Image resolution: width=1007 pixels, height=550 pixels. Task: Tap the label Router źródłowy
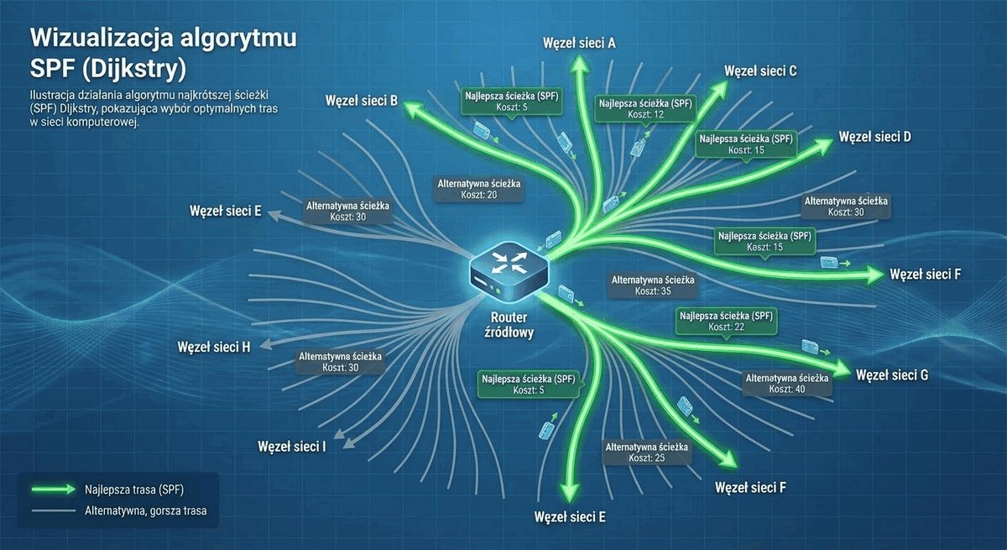tap(509, 325)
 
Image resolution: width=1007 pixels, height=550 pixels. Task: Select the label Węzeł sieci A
tap(579, 43)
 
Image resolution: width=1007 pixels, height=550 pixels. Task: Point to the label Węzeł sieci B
tap(362, 101)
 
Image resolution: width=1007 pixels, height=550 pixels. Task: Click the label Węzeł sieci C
tap(760, 71)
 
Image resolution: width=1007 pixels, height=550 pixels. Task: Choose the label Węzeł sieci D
tap(874, 137)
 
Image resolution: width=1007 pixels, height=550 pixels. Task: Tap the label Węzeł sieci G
tap(892, 375)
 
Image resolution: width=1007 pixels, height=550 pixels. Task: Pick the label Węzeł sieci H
tap(214, 347)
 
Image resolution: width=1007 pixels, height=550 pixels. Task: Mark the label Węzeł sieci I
tap(292, 447)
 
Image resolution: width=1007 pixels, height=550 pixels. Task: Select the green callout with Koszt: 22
tap(726, 322)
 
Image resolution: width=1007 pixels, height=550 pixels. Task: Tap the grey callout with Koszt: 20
tap(479, 189)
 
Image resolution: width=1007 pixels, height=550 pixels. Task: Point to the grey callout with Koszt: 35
tap(653, 285)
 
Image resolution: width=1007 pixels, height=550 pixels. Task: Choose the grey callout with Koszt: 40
tap(787, 384)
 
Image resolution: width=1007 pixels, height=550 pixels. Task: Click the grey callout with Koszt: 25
tap(646, 453)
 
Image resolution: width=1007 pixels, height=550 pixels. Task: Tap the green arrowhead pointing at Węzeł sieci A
tap(580, 65)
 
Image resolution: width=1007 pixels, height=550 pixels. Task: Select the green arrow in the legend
tap(54, 490)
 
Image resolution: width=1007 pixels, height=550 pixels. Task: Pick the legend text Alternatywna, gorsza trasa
tap(146, 511)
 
